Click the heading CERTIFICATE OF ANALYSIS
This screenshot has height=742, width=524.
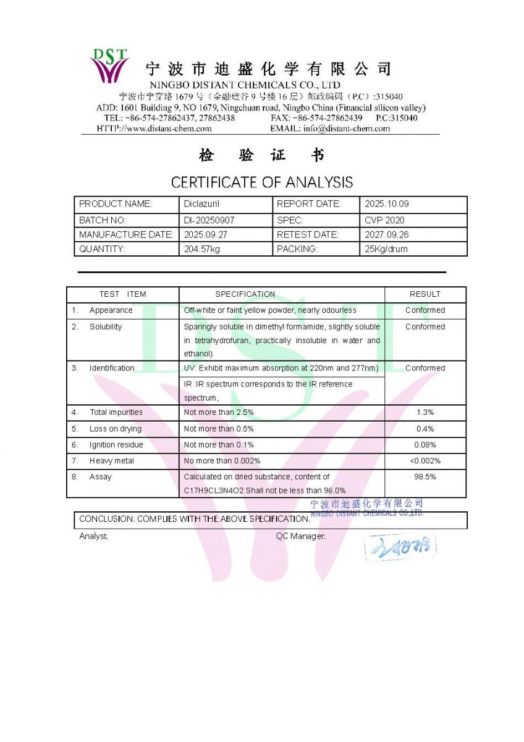(262, 182)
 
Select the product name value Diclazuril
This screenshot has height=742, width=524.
(198, 204)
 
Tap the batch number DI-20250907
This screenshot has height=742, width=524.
(209, 220)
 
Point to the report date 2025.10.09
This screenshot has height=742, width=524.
(387, 204)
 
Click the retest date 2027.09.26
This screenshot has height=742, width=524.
(387, 235)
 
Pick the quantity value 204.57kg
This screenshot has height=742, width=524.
(202, 249)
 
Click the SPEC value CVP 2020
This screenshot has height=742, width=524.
(384, 220)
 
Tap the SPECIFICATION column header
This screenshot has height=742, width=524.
(245, 294)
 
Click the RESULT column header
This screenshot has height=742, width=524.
(425, 294)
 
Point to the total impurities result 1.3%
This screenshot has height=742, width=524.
(425, 412)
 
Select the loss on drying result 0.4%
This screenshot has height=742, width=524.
(425, 429)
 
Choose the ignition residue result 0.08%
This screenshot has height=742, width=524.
(425, 445)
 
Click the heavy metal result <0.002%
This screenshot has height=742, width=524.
(425, 461)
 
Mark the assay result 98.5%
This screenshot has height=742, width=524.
(425, 477)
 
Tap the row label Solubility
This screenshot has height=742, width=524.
(106, 326)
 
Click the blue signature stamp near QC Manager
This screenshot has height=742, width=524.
(400, 547)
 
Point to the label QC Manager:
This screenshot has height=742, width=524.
(301, 536)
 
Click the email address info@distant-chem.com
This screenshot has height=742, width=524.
(347, 129)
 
